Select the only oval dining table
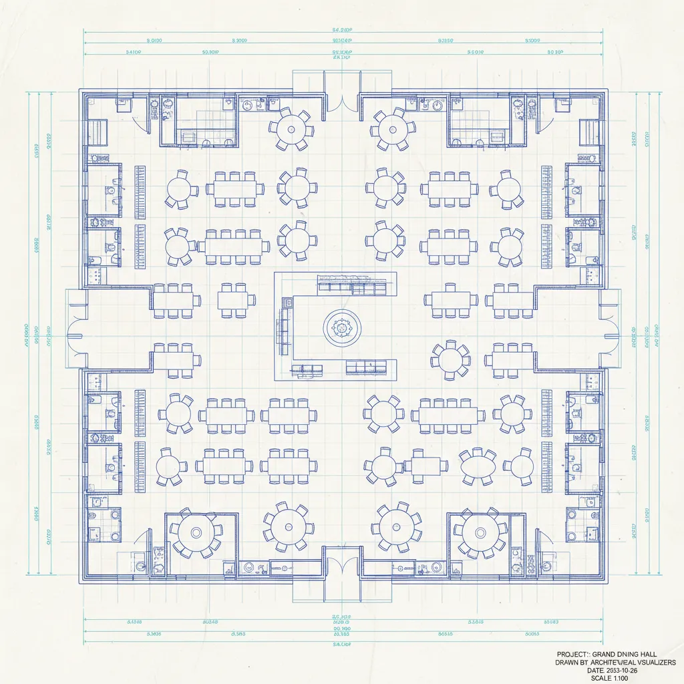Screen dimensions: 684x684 pos(478,466)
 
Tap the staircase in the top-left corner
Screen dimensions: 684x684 pos(99,128)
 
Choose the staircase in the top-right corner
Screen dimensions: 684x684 pos(588,128)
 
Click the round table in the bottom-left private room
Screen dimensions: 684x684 pos(196,533)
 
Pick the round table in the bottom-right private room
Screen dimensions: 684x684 pos(480,533)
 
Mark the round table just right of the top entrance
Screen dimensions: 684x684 pos(393,127)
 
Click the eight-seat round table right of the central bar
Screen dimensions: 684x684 pos(450,359)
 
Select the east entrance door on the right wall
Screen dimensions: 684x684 pos(609,329)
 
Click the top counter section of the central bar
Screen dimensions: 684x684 pos(352,287)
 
